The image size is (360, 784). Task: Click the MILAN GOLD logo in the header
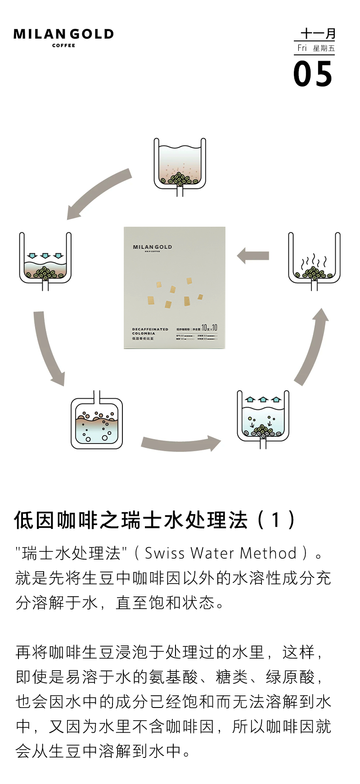(x=63, y=34)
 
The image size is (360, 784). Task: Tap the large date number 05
(x=313, y=75)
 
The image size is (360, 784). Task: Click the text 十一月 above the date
(x=318, y=34)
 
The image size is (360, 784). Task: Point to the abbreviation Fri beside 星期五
(x=302, y=48)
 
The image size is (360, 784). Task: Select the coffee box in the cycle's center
(x=175, y=288)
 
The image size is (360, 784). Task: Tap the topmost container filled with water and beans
(x=180, y=166)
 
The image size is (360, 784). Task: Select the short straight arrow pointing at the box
(x=253, y=256)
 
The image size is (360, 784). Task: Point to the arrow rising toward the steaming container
(x=313, y=346)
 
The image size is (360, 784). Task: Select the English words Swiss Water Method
(x=220, y=553)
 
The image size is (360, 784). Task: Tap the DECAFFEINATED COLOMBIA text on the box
(x=150, y=331)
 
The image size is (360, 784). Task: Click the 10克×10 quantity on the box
(x=209, y=328)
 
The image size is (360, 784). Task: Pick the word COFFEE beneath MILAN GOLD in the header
(x=63, y=45)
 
